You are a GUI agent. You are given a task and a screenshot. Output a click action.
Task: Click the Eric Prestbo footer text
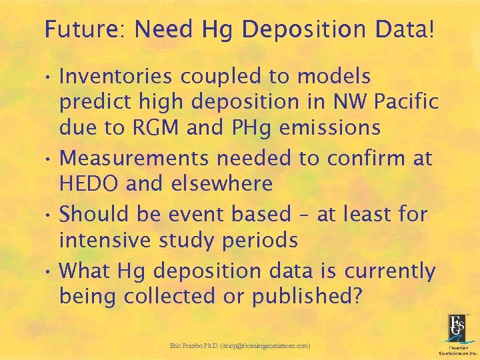240,346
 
